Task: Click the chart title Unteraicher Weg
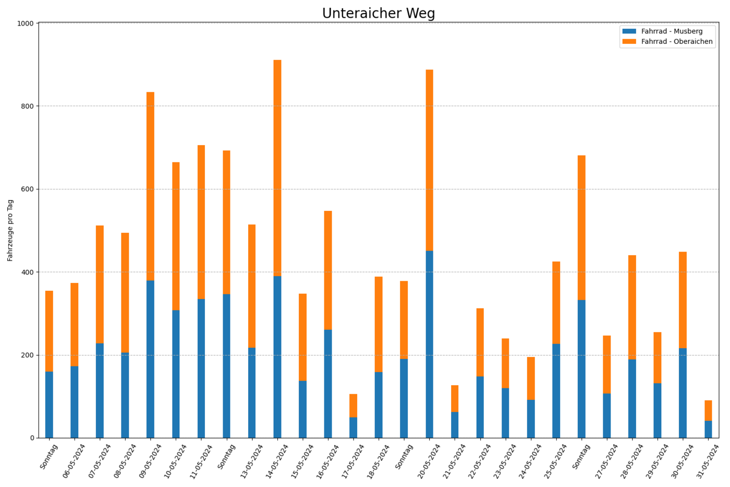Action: pyautogui.click(x=379, y=14)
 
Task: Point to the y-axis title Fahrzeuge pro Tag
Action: pyautogui.click(x=10, y=230)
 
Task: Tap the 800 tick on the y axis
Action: pyautogui.click(x=27, y=106)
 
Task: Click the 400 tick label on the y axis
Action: pyautogui.click(x=27, y=272)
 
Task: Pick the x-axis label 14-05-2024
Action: pyautogui.click(x=277, y=461)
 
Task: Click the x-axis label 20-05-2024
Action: pyautogui.click(x=429, y=461)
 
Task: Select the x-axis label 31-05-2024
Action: pyautogui.click(x=708, y=461)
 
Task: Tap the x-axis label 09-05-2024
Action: pyautogui.click(x=150, y=461)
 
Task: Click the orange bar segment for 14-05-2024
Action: pyautogui.click(x=277, y=168)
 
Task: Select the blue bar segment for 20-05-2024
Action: pyautogui.click(x=430, y=344)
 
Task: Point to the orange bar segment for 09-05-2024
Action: pyautogui.click(x=150, y=186)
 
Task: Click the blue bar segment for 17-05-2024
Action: pyautogui.click(x=354, y=427)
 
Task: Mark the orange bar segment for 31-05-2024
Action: pyautogui.click(x=708, y=410)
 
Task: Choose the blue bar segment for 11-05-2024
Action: pyautogui.click(x=201, y=369)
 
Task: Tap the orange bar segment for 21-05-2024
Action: pyautogui.click(x=455, y=399)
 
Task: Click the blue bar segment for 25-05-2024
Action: pyautogui.click(x=556, y=391)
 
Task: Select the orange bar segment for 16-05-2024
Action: pyautogui.click(x=328, y=270)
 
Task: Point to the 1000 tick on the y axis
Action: pyautogui.click(x=26, y=23)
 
